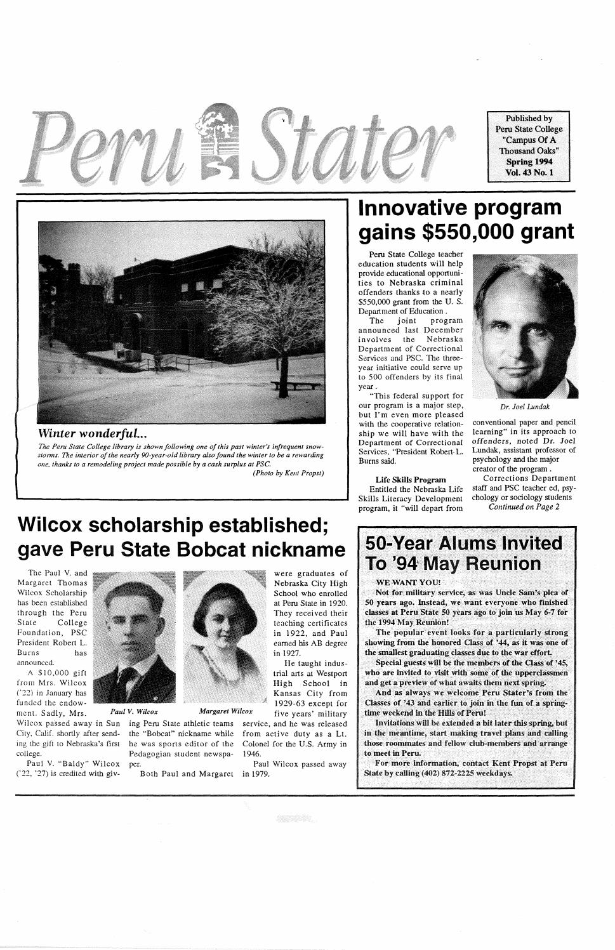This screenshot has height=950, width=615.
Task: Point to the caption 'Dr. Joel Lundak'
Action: click(524, 407)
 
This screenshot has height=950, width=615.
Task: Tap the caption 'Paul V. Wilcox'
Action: click(134, 711)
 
